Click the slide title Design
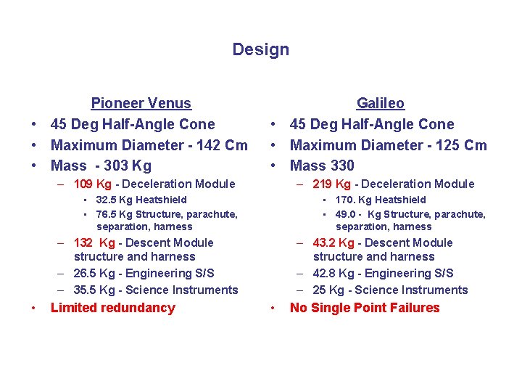pyautogui.click(x=260, y=50)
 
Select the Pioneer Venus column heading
pyautogui.click(x=141, y=104)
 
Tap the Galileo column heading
pyautogui.click(x=380, y=104)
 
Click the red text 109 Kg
pyautogui.click(x=93, y=184)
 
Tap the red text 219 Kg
pyautogui.click(x=332, y=184)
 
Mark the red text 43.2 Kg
pyautogui.click(x=333, y=243)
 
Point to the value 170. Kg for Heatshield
pyautogui.click(x=353, y=200)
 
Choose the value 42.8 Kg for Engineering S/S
pyautogui.click(x=333, y=274)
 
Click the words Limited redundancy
pyautogui.click(x=113, y=308)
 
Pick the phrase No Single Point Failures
pyautogui.click(x=365, y=308)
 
